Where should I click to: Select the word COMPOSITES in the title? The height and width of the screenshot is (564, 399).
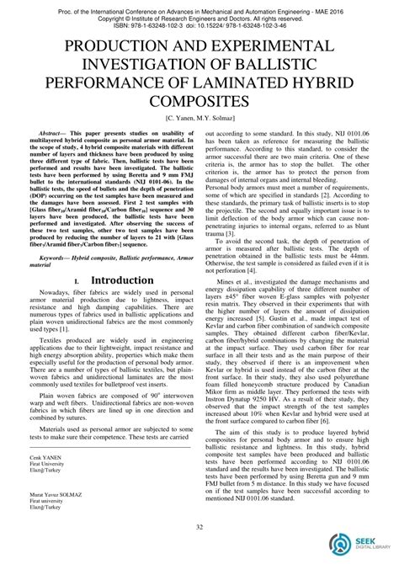coord(199,101)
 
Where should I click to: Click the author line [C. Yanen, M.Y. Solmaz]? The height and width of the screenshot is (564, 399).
coord(199,120)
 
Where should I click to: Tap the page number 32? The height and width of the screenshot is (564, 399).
coord(199,528)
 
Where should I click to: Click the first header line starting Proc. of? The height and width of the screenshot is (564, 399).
coord(199,8)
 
